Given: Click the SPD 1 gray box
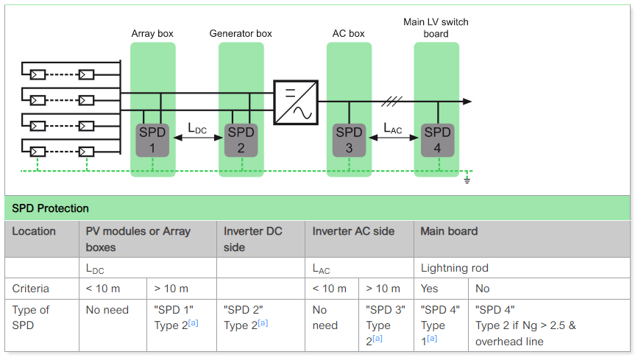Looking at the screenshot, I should click(152, 140).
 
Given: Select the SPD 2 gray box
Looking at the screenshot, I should click(241, 140).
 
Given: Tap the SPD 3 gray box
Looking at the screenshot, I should click(349, 140).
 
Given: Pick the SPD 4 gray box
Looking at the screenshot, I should click(437, 140).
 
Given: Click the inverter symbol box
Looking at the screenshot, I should click(296, 102).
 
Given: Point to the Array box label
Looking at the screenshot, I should click(152, 34).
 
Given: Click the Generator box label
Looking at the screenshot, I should click(241, 34).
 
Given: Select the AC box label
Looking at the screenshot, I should click(348, 34).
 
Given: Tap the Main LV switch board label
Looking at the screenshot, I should click(436, 28).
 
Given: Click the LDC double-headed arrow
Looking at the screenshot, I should click(196, 138).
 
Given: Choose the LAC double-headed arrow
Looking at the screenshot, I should click(393, 138).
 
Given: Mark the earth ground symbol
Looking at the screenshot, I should click(467, 179).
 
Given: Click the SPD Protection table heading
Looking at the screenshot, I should click(50, 208).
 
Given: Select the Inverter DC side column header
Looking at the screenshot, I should click(252, 239).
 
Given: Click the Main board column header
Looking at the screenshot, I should click(449, 231).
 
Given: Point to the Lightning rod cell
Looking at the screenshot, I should click(454, 269).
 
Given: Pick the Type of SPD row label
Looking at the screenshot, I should click(31, 317).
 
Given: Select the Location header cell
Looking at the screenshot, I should click(34, 231).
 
